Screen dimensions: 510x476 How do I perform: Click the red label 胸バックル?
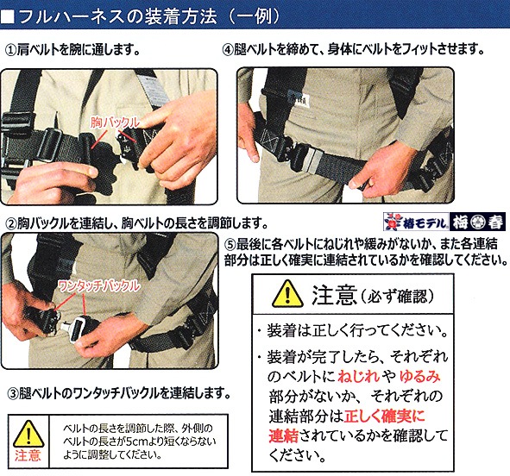click(x=115, y=122)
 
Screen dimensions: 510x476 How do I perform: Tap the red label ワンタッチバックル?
click(x=99, y=286)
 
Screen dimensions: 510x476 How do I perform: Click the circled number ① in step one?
click(x=11, y=50)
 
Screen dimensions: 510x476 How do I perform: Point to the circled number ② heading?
click(x=12, y=224)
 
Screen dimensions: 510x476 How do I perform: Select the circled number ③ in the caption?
click(x=12, y=393)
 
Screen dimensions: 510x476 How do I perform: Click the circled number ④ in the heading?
click(x=228, y=50)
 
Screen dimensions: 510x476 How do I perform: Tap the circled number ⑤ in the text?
click(x=230, y=245)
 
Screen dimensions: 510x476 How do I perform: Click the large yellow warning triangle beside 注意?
click(x=287, y=294)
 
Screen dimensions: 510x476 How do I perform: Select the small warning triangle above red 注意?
click(x=28, y=434)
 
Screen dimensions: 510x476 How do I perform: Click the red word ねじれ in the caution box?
click(x=358, y=377)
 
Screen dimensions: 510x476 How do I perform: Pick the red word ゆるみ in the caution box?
click(x=420, y=377)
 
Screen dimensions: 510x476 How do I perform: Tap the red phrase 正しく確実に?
click(x=385, y=416)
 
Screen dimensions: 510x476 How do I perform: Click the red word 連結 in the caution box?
click(x=283, y=436)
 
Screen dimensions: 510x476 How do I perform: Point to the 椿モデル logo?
click(x=416, y=222)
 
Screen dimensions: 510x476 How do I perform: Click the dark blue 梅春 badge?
click(x=477, y=222)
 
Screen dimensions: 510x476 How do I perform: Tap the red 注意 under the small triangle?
click(x=28, y=455)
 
